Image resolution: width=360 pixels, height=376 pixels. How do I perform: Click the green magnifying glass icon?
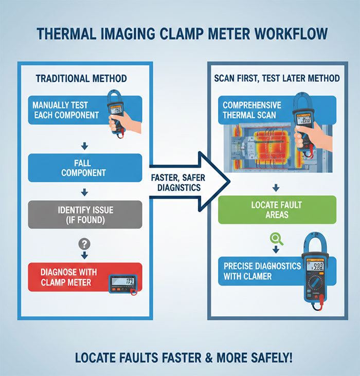(x=277, y=238)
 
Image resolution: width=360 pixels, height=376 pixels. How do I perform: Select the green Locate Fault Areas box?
(x=277, y=209)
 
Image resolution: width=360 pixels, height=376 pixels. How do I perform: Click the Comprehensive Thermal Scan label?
(x=252, y=110)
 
